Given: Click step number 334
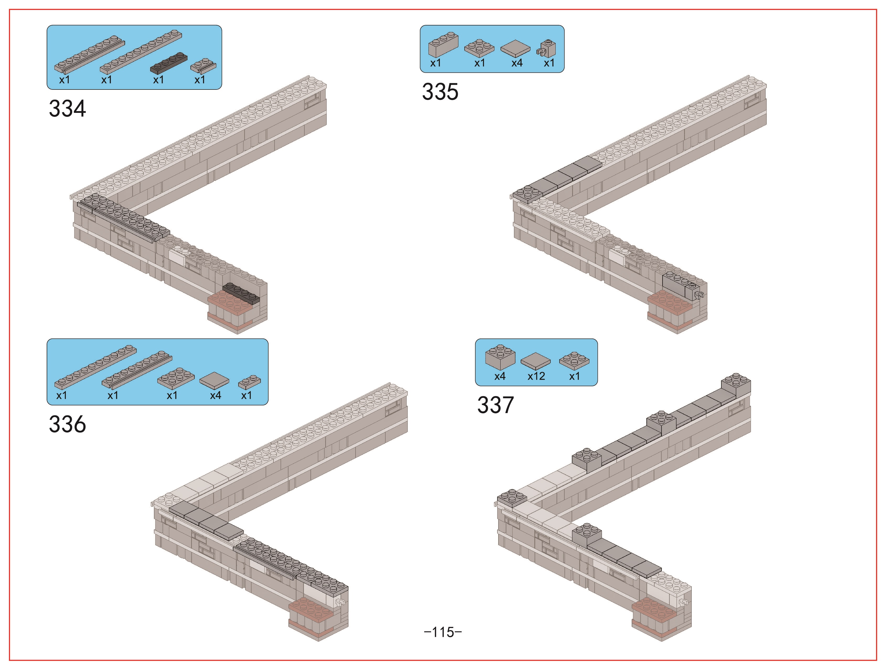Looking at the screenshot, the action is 67,109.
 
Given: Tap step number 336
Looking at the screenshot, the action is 67,424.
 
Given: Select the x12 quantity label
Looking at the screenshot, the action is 536,376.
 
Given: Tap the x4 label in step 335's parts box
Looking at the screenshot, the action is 517,63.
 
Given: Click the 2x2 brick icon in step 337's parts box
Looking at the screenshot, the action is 500,356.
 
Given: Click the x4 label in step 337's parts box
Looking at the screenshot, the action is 500,376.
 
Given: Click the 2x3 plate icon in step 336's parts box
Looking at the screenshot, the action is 176,378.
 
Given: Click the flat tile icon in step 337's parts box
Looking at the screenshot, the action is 535,361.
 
